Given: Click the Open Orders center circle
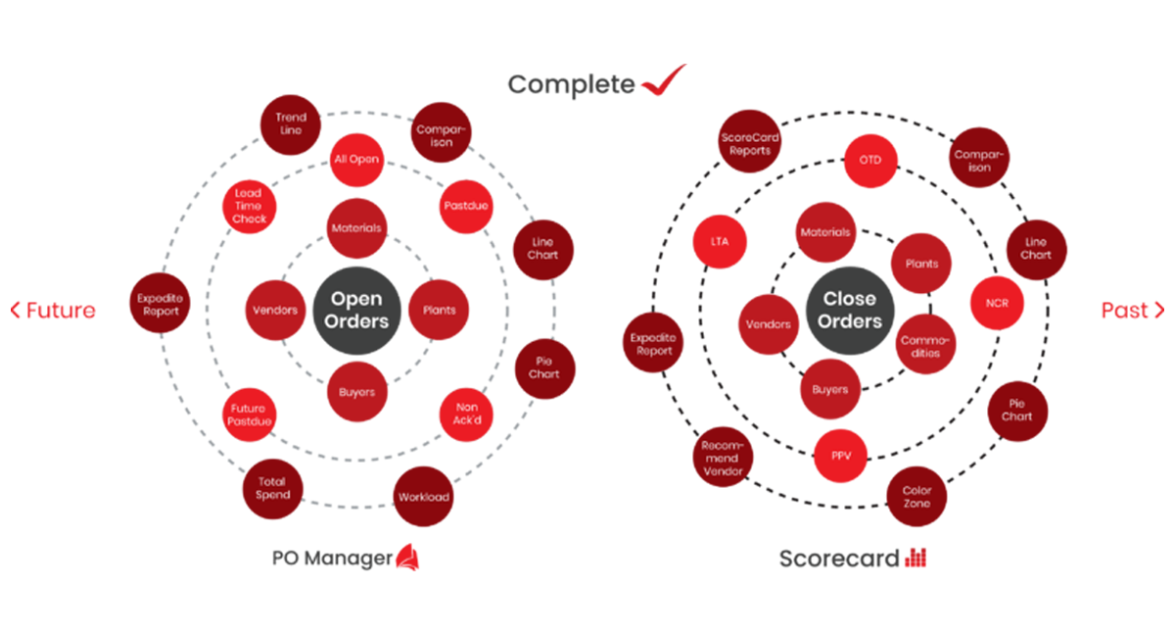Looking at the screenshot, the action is [356, 311].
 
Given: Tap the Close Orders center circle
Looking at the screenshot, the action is [850, 311].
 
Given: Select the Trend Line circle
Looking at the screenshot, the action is [291, 124].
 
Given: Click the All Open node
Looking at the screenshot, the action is [356, 160].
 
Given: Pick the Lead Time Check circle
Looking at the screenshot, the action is [249, 207].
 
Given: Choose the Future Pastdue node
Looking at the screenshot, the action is [249, 415].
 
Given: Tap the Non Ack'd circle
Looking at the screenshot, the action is [466, 415].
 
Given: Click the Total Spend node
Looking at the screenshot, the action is [273, 489].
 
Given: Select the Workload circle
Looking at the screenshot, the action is [423, 497].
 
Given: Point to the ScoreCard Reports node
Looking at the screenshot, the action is [750, 141].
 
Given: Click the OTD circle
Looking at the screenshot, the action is [870, 161].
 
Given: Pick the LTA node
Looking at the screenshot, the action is [720, 241].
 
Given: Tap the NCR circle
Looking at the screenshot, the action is [997, 303].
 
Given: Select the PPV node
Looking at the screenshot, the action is [840, 456].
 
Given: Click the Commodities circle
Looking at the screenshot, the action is [925, 344].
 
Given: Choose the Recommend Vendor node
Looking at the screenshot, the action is [723, 457].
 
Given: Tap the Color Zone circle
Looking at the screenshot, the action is [916, 497].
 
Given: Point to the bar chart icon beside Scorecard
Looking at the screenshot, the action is [916, 558].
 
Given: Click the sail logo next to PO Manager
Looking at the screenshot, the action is [407, 558].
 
